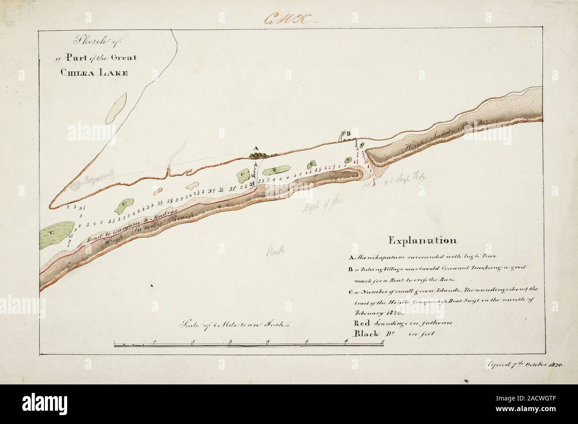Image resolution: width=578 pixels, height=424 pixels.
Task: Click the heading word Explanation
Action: click(422, 241)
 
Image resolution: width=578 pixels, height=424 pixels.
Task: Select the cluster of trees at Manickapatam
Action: click(258, 155)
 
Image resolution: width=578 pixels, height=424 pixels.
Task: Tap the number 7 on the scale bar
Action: click(383, 342)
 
